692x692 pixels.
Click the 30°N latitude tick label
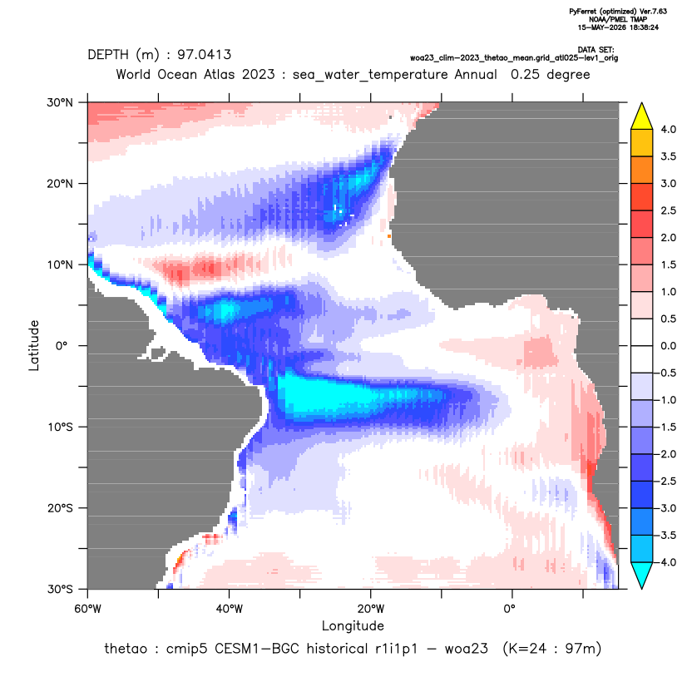point(60,102)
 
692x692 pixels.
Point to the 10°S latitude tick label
point(60,427)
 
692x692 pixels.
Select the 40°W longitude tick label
point(230,609)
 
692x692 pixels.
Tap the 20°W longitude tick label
point(371,609)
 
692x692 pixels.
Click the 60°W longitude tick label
point(88,609)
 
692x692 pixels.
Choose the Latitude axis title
point(34,345)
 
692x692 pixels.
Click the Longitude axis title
point(353,625)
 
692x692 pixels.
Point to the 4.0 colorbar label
point(668,129)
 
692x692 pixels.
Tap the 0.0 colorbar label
point(668,345)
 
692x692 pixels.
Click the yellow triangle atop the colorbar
point(642,116)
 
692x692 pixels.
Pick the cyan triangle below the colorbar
point(642,576)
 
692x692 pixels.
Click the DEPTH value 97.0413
point(204,55)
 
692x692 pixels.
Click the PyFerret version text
point(618,12)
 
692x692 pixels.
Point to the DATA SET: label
point(596,50)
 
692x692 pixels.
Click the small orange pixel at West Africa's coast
point(389,236)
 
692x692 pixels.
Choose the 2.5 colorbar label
point(668,210)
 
